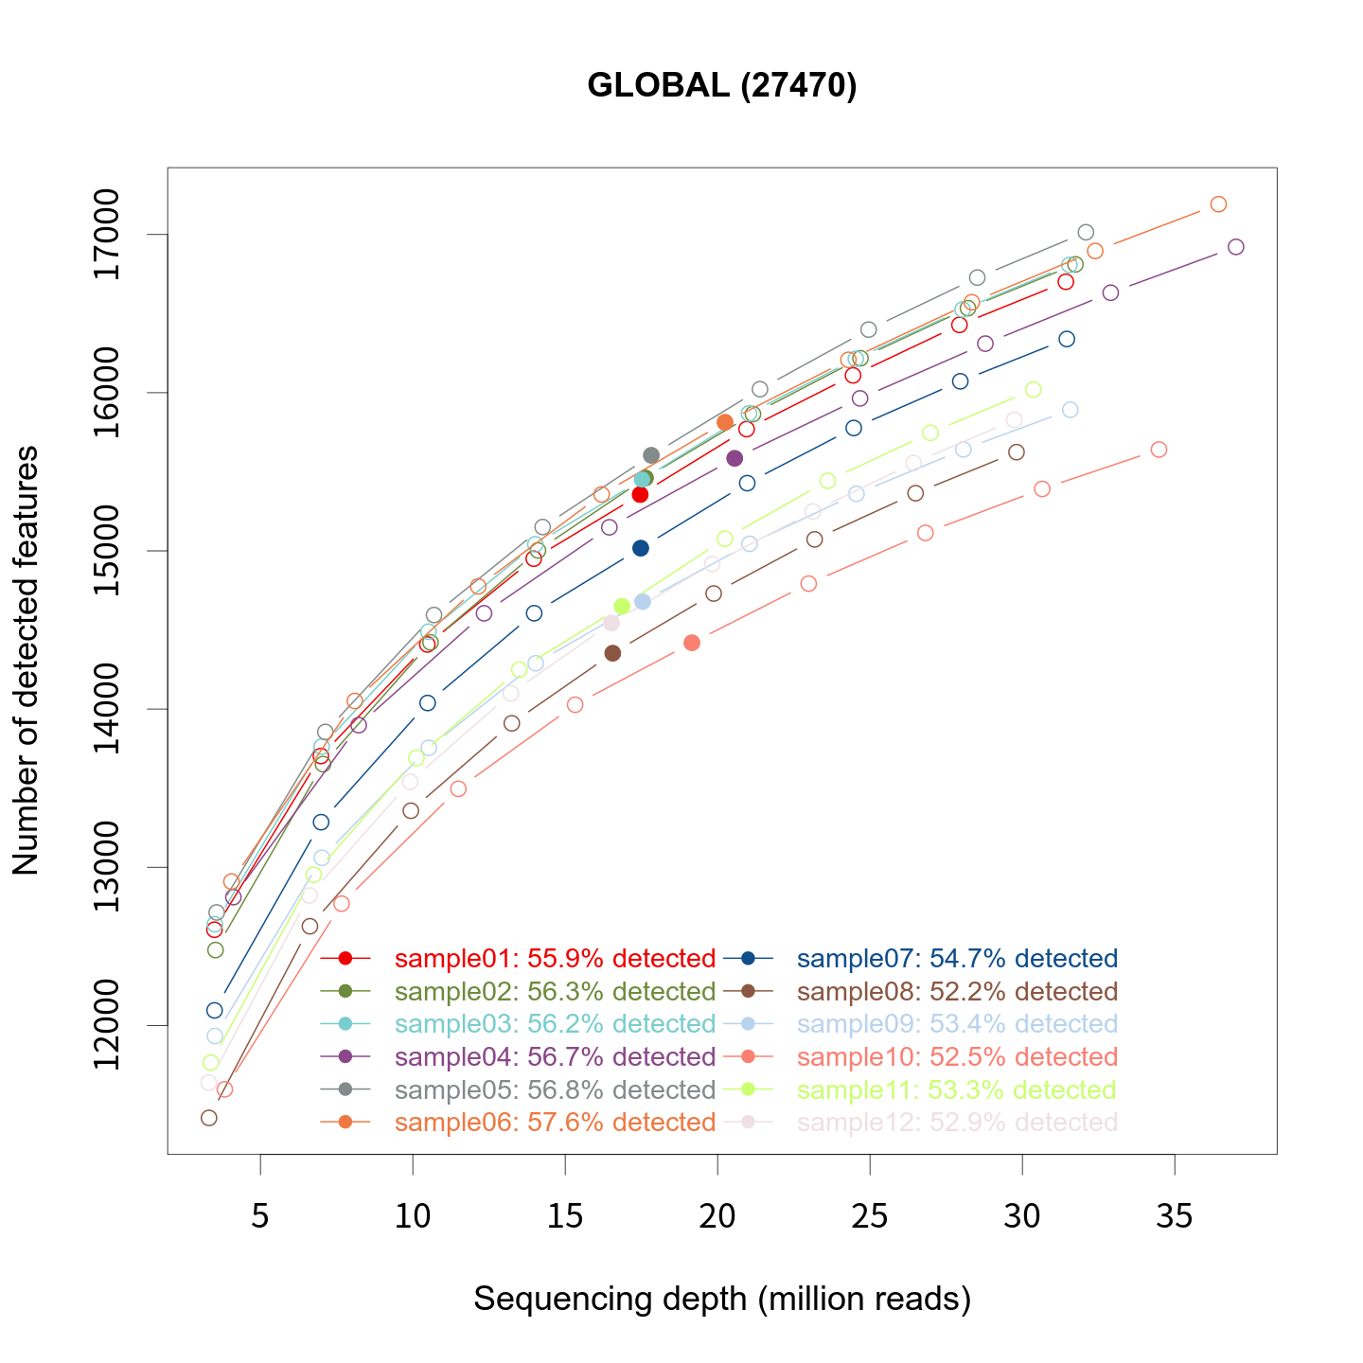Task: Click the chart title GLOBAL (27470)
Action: (722, 86)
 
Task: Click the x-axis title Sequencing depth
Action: (722, 1299)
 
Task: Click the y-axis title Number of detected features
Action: (27, 661)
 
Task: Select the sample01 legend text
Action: (555, 959)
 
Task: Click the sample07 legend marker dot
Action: (748, 959)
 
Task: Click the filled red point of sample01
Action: (640, 494)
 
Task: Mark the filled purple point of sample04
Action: (735, 458)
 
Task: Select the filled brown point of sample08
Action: (612, 653)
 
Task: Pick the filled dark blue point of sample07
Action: (641, 548)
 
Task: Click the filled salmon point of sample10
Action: (692, 643)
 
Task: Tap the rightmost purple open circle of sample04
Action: (1235, 247)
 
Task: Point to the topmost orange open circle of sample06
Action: (1218, 204)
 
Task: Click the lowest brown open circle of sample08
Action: (209, 1118)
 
